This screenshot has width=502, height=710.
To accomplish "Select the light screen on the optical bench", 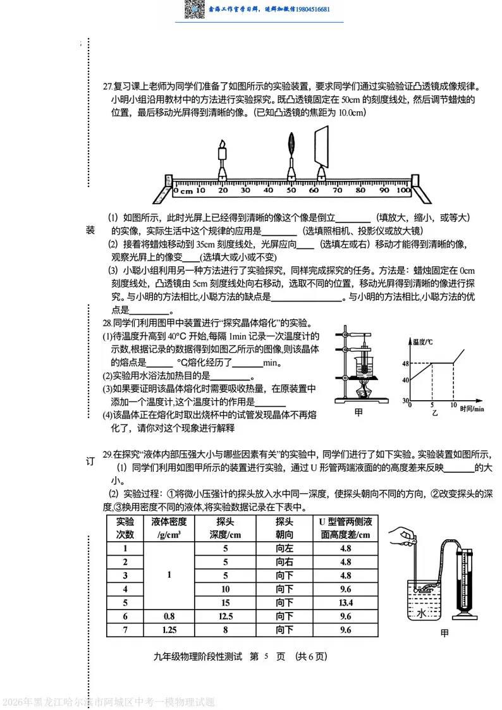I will tap(323, 145).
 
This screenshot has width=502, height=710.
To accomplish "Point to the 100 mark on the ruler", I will tap(403, 190).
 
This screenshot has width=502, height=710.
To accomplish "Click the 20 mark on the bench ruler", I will tap(223, 190).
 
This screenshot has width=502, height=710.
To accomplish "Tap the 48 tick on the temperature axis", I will tap(405, 363).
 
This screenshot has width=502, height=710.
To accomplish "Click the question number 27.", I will tap(107, 87).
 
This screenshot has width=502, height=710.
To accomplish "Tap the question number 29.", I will tap(107, 454).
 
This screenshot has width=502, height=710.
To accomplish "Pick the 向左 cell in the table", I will tap(285, 549).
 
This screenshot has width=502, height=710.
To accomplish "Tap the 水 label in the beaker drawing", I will tap(422, 613).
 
